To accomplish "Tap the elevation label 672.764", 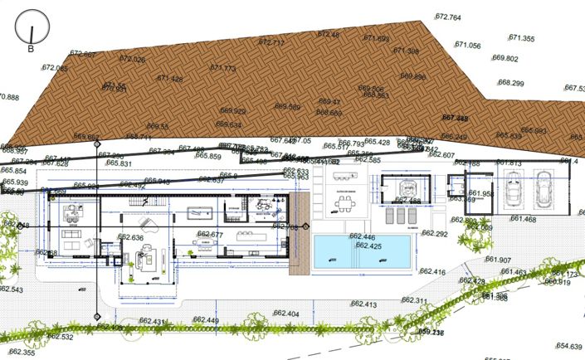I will pyautogui.click(x=447, y=17).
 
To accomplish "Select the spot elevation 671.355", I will pyautogui.click(x=522, y=38).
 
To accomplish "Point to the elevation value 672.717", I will pyautogui.click(x=271, y=42).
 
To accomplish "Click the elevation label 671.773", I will pyautogui.click(x=222, y=68).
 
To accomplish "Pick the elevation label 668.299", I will pyautogui.click(x=510, y=83).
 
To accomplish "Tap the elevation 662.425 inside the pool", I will pyautogui.click(x=368, y=246).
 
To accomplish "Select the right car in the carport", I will pyautogui.click(x=544, y=193).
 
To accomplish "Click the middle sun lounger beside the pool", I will pyautogui.click(x=402, y=214).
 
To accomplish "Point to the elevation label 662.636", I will pyautogui.click(x=130, y=237).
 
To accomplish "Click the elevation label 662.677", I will pyautogui.click(x=211, y=235).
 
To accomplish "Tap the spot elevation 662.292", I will pyautogui.click(x=435, y=235).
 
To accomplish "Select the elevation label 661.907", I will pyautogui.click(x=498, y=260).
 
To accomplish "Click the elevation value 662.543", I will pyautogui.click(x=11, y=289).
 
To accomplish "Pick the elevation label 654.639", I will pyautogui.click(x=568, y=346).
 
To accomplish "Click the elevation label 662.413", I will pyautogui.click(x=363, y=304).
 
